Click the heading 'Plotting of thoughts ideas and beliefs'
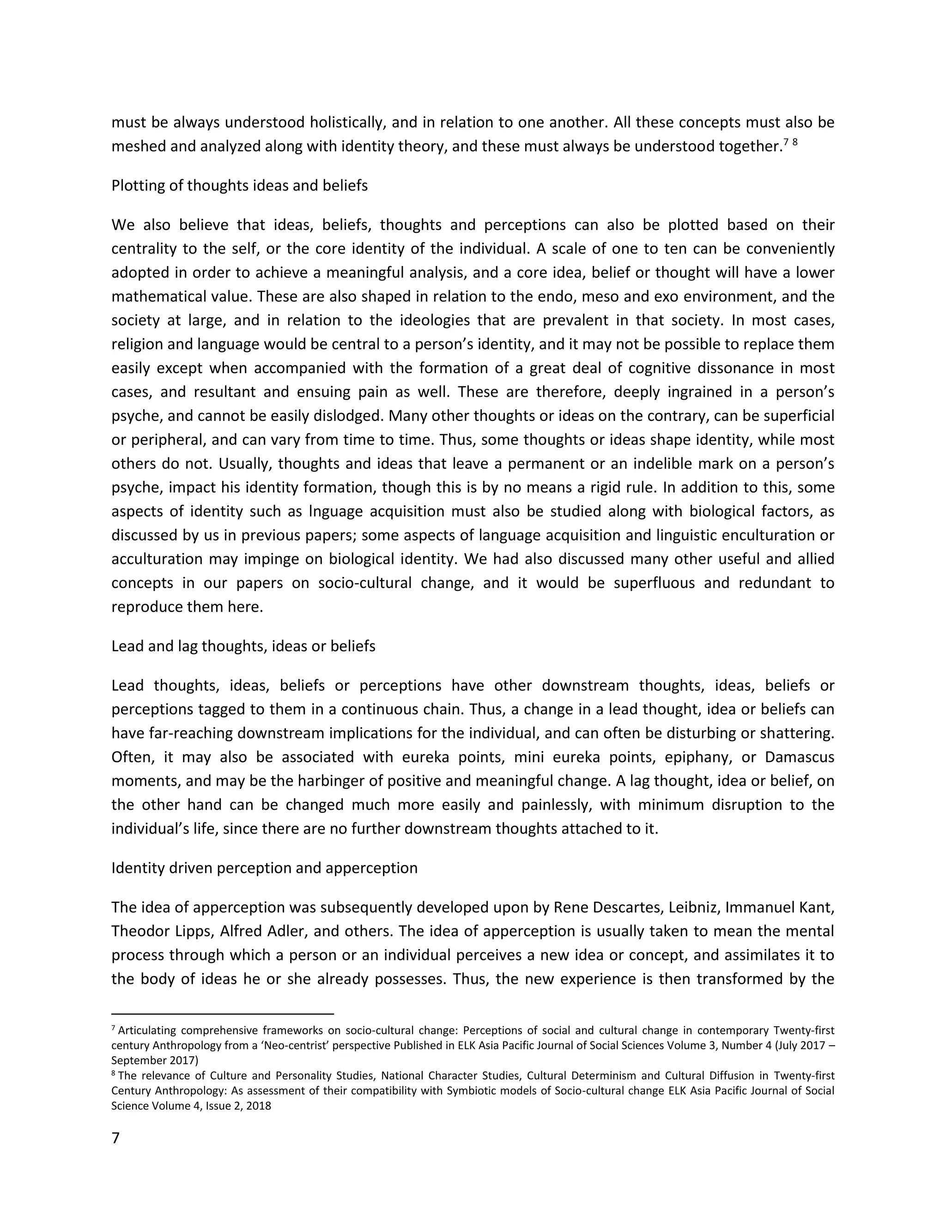[239, 186]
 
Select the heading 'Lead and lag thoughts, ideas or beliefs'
[243, 646]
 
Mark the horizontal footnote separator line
[223, 1014]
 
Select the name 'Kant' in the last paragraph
[817, 907]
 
